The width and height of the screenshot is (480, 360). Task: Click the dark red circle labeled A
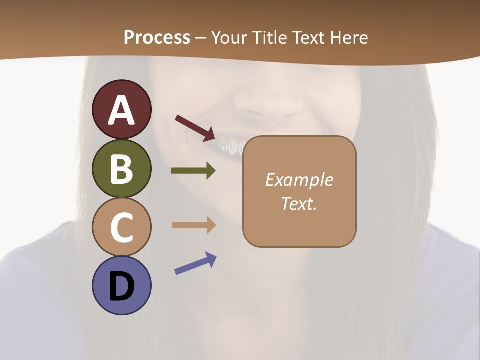pos(121,109)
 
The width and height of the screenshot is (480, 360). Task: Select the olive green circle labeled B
pos(121,168)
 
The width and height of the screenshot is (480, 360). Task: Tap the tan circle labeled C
pos(121,227)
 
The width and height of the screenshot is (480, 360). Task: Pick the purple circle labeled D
pos(121,285)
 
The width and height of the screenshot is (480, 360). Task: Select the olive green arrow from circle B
pos(193,171)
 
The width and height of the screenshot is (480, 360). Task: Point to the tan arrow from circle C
pos(193,225)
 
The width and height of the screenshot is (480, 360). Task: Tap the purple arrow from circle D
pos(195,263)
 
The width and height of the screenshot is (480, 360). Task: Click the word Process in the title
pos(157,37)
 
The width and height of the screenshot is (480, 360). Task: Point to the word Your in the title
pos(230,37)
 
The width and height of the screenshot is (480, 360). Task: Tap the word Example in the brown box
pos(299,180)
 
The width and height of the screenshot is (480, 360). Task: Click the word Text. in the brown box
pos(299,203)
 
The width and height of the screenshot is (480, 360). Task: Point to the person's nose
pos(267,100)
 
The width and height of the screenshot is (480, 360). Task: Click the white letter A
pos(121,110)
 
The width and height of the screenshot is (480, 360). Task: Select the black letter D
pos(121,287)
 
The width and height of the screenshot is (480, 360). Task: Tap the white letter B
pos(121,169)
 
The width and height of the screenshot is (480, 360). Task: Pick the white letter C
pos(121,227)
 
